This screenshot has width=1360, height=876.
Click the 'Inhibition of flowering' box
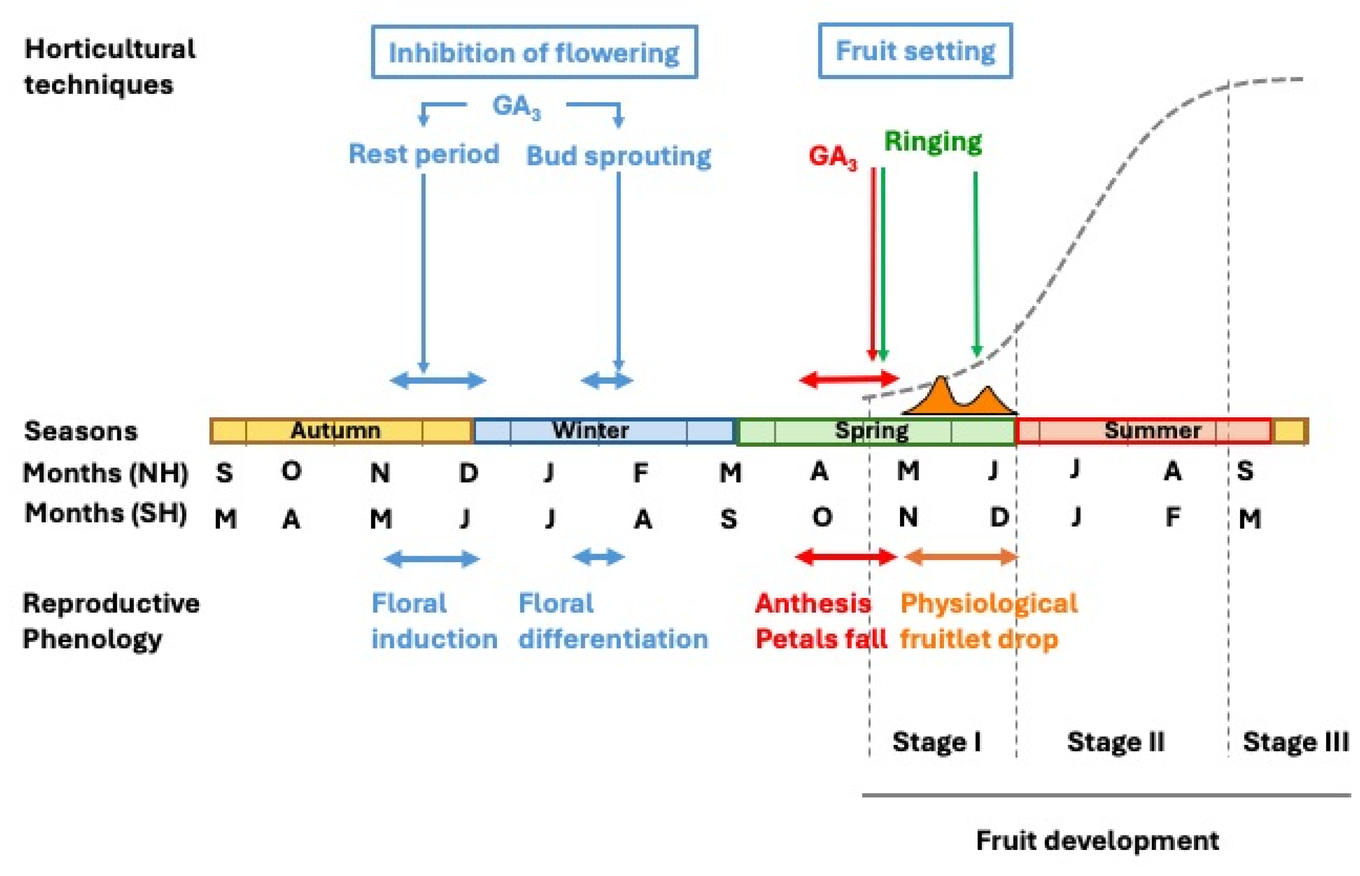coord(534,52)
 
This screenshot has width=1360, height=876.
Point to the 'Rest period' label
coord(423,154)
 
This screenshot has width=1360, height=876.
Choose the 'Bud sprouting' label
coord(618,156)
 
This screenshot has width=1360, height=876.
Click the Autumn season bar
coord(341,430)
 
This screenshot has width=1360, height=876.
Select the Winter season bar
coord(604,430)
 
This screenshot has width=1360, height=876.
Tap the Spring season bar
coord(876,430)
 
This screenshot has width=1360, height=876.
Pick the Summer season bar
coord(1143,430)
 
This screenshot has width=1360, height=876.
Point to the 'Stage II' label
coord(1116,742)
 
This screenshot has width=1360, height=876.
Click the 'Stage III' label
coord(1295,742)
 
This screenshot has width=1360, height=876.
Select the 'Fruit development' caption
coord(1097,840)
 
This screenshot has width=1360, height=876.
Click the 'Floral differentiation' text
coord(612,621)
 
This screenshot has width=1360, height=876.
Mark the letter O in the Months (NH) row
coord(291,471)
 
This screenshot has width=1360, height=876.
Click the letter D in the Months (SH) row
coord(999,517)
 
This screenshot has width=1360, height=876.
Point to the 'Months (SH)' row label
coord(106,514)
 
